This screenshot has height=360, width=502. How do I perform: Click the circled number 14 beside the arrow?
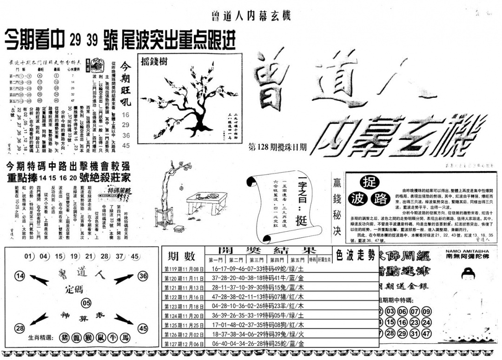(20, 276)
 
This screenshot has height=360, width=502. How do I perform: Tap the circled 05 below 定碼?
(86, 303)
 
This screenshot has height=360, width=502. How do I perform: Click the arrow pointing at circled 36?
(124, 279)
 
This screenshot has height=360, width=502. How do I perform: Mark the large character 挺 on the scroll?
(302, 208)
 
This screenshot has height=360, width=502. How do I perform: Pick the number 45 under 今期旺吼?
(125, 146)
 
